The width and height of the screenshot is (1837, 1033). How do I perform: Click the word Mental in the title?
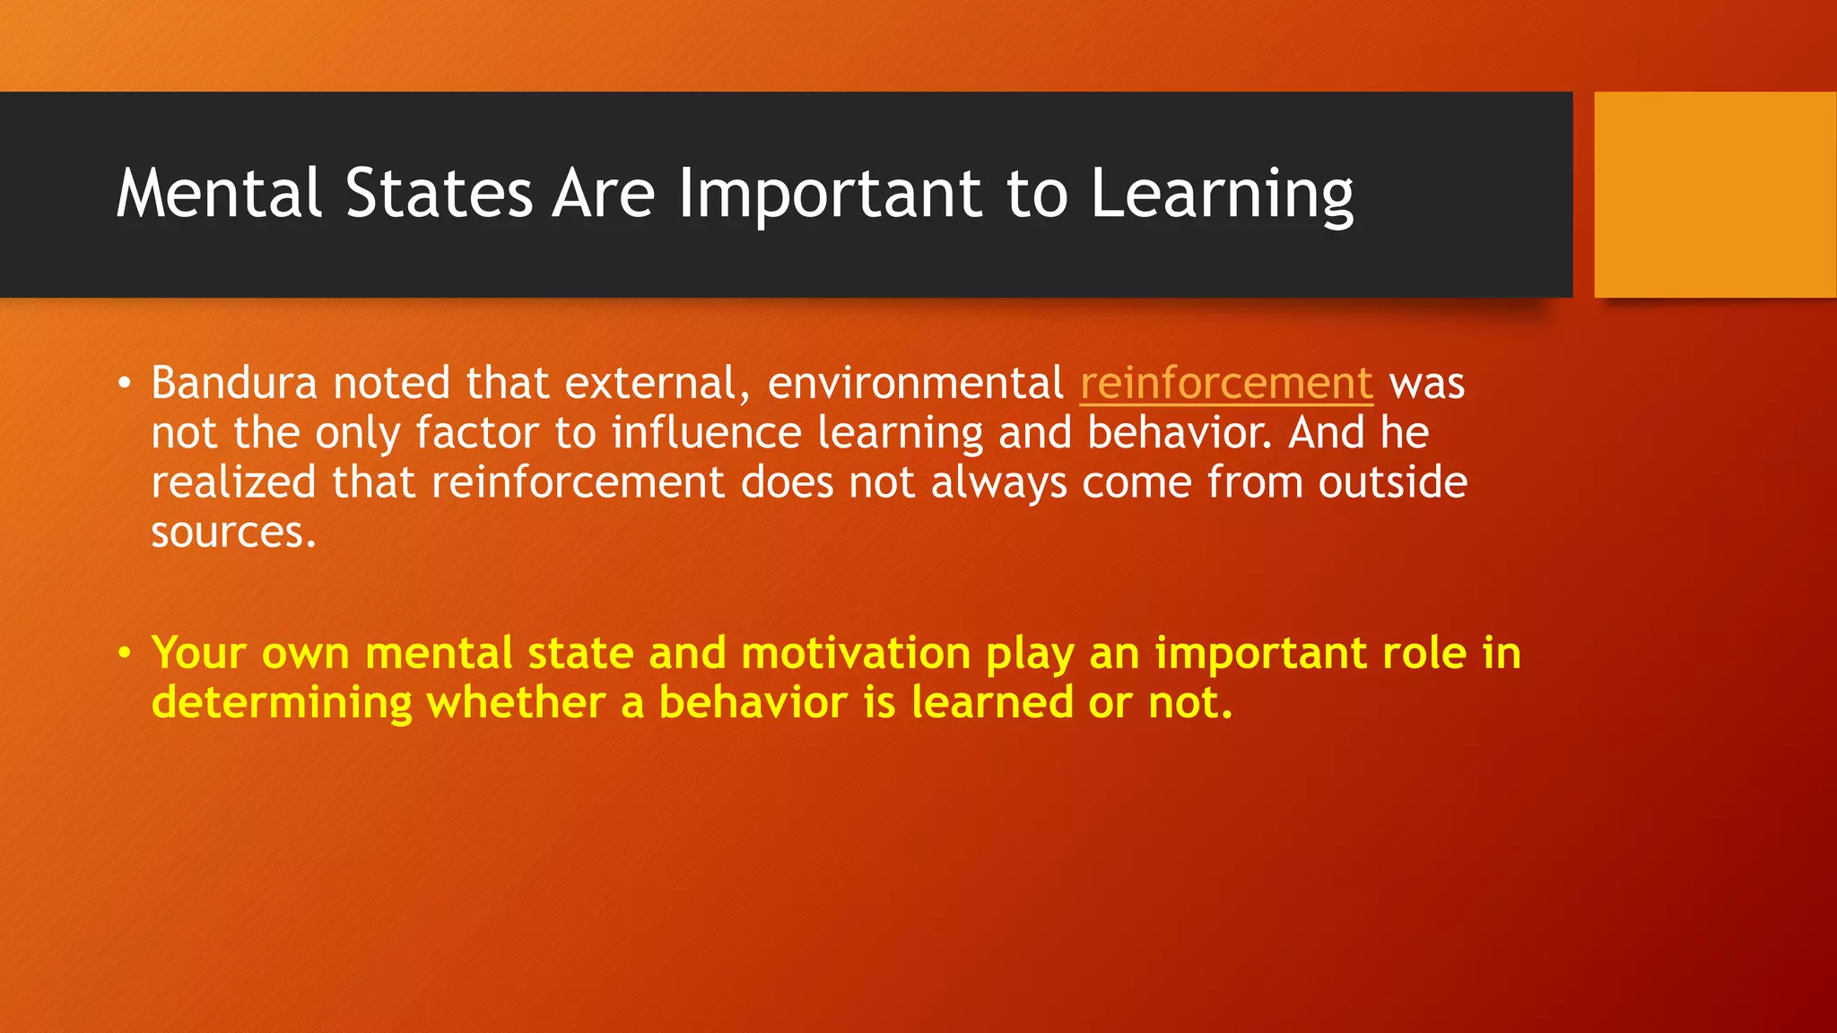[x=218, y=194]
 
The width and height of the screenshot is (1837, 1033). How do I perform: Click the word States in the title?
[x=439, y=194]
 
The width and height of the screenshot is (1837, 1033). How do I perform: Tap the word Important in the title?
[x=831, y=194]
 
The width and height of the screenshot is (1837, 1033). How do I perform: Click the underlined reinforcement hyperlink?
[x=1226, y=384]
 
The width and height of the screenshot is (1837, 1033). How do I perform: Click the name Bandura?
[x=234, y=384]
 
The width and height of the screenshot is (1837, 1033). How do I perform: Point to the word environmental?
[x=916, y=384]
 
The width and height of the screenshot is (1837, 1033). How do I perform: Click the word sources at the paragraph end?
[x=231, y=533]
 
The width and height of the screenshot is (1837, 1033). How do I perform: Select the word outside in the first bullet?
[x=1392, y=482]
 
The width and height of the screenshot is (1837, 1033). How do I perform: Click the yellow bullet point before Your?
[x=125, y=654]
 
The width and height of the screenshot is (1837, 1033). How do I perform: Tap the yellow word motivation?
[x=856, y=653]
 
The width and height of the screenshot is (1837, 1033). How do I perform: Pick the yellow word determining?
[x=282, y=703]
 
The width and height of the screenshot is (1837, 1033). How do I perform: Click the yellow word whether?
[x=516, y=702]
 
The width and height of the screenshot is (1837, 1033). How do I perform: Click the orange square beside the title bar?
[x=1715, y=194]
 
